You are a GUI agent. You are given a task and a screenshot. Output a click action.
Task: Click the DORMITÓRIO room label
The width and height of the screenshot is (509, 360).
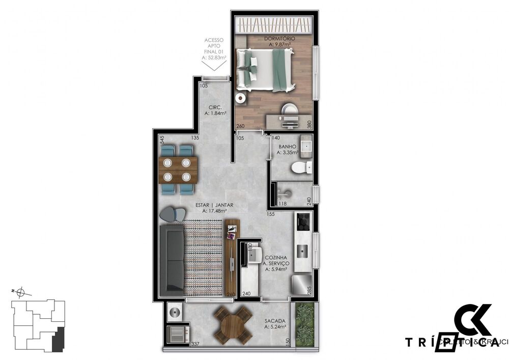[279, 39]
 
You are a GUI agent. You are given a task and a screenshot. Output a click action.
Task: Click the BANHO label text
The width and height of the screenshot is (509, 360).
[287, 147]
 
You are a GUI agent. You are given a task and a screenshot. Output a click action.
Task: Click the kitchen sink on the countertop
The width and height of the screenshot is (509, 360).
[303, 251]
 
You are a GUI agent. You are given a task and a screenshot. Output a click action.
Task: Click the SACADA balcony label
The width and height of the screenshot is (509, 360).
[275, 321]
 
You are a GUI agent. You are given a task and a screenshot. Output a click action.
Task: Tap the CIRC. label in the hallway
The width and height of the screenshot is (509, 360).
[214, 107]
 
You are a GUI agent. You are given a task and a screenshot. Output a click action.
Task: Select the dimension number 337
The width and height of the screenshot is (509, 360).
[195, 345]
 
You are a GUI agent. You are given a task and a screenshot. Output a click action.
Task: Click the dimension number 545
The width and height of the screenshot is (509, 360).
[161, 137]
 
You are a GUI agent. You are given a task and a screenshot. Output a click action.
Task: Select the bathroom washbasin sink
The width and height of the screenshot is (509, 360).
[306, 146]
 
